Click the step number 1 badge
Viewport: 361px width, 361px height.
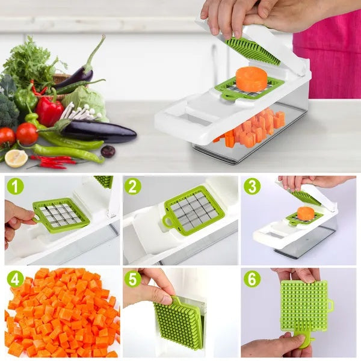click(15, 186)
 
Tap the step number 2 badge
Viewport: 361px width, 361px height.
click(133, 186)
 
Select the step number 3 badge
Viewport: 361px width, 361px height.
click(252, 186)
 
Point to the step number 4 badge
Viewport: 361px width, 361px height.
click(15, 279)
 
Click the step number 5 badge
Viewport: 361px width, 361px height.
click(133, 279)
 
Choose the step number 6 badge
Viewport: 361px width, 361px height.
click(252, 279)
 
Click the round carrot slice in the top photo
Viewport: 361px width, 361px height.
click(251, 79)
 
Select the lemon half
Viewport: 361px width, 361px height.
click(16, 158)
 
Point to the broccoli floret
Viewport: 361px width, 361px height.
click(7, 111)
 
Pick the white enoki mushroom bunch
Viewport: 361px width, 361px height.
click(78, 112)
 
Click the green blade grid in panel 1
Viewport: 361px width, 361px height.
click(61, 215)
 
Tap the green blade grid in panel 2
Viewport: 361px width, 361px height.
click(193, 210)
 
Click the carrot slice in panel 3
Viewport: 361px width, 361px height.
click(306, 213)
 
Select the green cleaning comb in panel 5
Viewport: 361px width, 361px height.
click(179, 321)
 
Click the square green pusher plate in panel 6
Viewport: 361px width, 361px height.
click(303, 305)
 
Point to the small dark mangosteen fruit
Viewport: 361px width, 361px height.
click(108, 152)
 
